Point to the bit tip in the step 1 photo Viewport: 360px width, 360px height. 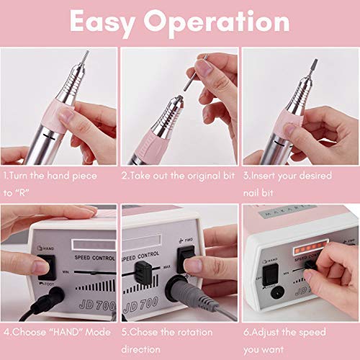(86, 56)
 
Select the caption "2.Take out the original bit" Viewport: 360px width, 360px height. (178, 174)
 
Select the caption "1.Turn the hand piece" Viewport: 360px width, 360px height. (53, 174)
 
